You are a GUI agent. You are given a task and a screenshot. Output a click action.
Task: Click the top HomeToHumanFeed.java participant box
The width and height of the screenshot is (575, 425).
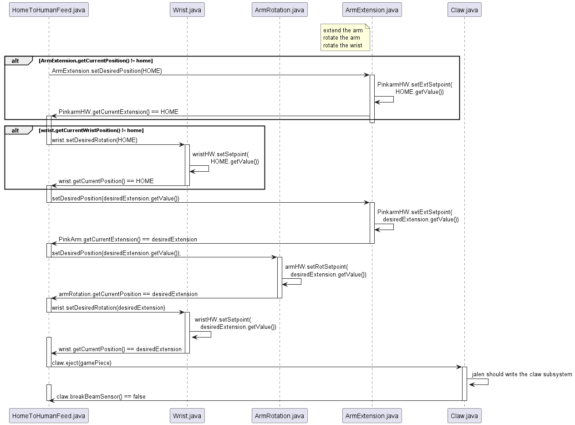pos(49,10)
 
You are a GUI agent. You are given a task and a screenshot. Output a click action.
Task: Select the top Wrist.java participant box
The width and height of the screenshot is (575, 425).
pos(187,10)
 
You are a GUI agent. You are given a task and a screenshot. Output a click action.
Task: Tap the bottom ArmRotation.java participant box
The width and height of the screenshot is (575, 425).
pos(280,415)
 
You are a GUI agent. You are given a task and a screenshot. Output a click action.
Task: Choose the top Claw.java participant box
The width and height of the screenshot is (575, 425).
pos(464,10)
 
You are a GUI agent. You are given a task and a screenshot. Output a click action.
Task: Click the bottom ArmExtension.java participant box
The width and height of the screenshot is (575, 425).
pos(372,415)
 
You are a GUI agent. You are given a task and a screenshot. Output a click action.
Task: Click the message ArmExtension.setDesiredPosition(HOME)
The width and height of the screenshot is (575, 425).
pos(107,71)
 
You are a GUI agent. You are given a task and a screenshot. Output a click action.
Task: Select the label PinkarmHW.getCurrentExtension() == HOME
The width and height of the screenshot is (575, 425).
pos(118,112)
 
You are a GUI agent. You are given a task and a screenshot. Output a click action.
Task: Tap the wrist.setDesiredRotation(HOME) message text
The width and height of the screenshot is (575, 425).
pos(95,140)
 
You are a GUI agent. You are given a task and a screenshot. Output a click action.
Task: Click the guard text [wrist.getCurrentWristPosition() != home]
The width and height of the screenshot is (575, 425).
pos(91,130)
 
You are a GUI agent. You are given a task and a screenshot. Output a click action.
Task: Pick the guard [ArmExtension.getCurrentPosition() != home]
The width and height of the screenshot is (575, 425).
pos(96,61)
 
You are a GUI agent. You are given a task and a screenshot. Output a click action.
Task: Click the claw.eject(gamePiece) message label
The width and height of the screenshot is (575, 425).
pos(81,363)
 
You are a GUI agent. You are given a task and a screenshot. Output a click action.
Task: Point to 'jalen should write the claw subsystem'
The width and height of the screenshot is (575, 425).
pos(522,374)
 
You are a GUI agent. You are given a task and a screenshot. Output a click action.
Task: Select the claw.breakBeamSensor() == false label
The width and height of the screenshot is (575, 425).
pos(101,396)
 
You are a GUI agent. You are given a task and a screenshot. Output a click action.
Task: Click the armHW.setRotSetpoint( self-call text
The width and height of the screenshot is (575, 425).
pos(316,266)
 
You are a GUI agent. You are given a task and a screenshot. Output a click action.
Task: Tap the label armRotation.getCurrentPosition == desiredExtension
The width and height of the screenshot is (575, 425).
pos(128,294)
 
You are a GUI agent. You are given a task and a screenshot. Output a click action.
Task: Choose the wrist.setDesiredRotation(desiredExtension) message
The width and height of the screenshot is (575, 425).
pos(108,307)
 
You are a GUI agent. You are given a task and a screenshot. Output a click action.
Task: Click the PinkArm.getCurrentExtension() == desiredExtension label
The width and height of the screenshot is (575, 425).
pos(128,239)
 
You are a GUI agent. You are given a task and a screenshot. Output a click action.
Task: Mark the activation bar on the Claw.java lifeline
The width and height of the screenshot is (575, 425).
pos(464,384)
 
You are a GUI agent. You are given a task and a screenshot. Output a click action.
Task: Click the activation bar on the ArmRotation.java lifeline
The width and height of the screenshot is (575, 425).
pos(280,277)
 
